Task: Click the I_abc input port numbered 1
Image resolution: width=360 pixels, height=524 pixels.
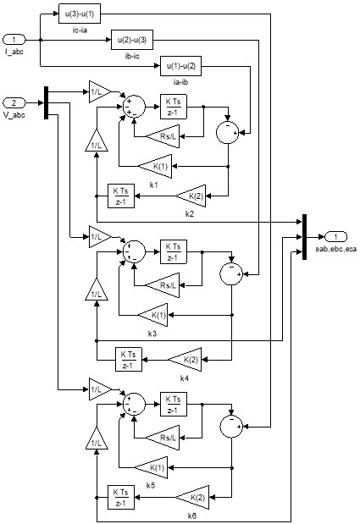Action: tap(14, 40)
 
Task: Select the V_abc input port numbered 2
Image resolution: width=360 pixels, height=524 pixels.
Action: tap(14, 102)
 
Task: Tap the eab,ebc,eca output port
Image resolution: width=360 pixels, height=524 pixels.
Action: tap(335, 237)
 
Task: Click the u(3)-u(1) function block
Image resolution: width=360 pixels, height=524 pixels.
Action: tap(80, 14)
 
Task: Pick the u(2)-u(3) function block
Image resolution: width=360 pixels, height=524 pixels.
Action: tap(132, 40)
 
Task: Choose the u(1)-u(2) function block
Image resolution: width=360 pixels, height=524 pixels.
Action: tap(180, 66)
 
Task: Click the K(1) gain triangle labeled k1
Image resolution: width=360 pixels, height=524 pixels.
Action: tap(155, 167)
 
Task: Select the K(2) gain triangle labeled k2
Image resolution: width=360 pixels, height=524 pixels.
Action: tap(191, 196)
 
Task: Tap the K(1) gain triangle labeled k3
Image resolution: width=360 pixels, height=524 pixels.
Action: tap(153, 315)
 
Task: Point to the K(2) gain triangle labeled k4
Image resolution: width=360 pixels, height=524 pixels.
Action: tap(186, 359)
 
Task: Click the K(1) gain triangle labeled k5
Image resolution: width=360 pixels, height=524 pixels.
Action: tap(151, 468)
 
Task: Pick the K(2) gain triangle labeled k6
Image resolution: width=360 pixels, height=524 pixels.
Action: tap(192, 497)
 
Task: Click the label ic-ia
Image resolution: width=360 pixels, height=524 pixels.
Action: tap(80, 30)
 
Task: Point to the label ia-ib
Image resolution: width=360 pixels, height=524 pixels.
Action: tap(180, 82)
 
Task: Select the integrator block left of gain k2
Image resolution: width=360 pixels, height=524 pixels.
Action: tap(121, 196)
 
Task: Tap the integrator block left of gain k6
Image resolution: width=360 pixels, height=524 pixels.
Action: tap(121, 497)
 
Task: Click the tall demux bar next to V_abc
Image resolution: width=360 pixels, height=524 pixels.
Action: tap(46, 102)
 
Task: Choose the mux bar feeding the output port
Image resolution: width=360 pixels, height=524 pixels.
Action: tap(304, 237)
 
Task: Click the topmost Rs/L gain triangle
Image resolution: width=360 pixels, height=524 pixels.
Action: tap(163, 136)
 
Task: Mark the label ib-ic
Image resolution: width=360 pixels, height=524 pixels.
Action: tap(132, 56)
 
